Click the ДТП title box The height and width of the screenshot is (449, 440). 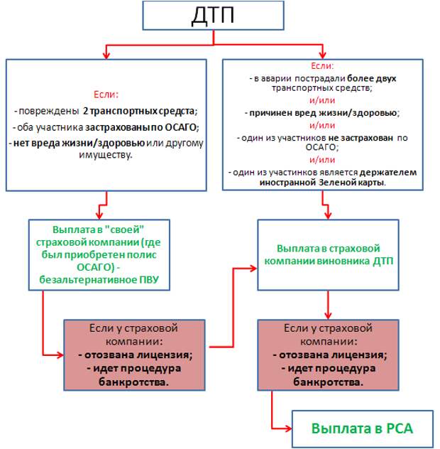coord(213,15)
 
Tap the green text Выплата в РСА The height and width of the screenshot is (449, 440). coord(362,428)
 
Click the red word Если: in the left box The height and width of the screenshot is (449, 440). coord(106,94)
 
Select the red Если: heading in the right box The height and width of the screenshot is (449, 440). coord(322,66)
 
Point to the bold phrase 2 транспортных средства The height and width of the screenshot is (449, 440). coord(138,111)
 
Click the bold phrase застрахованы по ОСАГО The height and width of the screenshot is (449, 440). coord(141,127)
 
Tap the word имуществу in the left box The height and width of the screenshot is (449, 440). coord(105,155)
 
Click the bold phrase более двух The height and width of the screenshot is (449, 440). coord(372,78)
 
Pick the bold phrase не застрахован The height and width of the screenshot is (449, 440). coord(361,138)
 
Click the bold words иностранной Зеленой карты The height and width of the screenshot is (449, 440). coord(322,183)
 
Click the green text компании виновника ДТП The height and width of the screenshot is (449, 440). coord(329,261)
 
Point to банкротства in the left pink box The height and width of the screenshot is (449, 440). coord(133,382)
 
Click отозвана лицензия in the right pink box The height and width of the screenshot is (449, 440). coord(333,355)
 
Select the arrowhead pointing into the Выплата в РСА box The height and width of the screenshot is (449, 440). coord(288,428)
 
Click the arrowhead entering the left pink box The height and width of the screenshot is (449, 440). coord(60,355)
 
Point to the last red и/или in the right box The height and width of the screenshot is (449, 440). coord(322,160)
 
